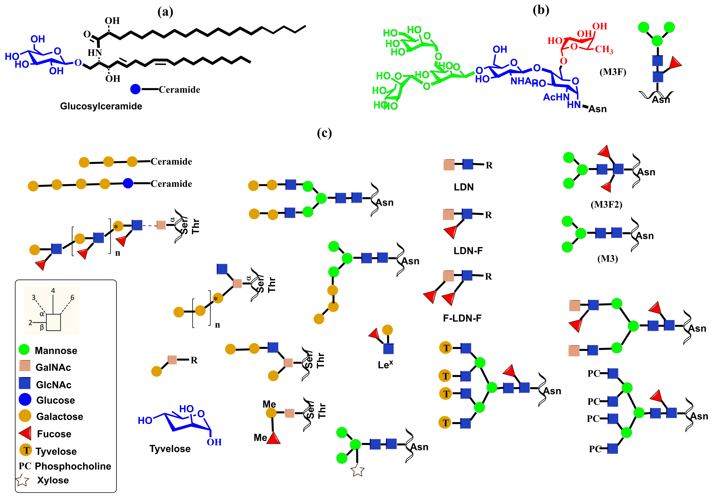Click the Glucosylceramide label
pos(101,106)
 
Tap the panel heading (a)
pos(165,12)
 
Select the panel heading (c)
pos(324,133)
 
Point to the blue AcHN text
pos(556,97)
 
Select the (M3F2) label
pos(606,204)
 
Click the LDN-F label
pos(468,251)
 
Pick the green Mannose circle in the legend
pos(24,350)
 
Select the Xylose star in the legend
pos(22,480)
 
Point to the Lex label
pos(385,365)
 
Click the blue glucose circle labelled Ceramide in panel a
pos(135,89)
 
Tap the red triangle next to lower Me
pos(274,438)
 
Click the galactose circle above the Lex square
pos(387,330)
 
